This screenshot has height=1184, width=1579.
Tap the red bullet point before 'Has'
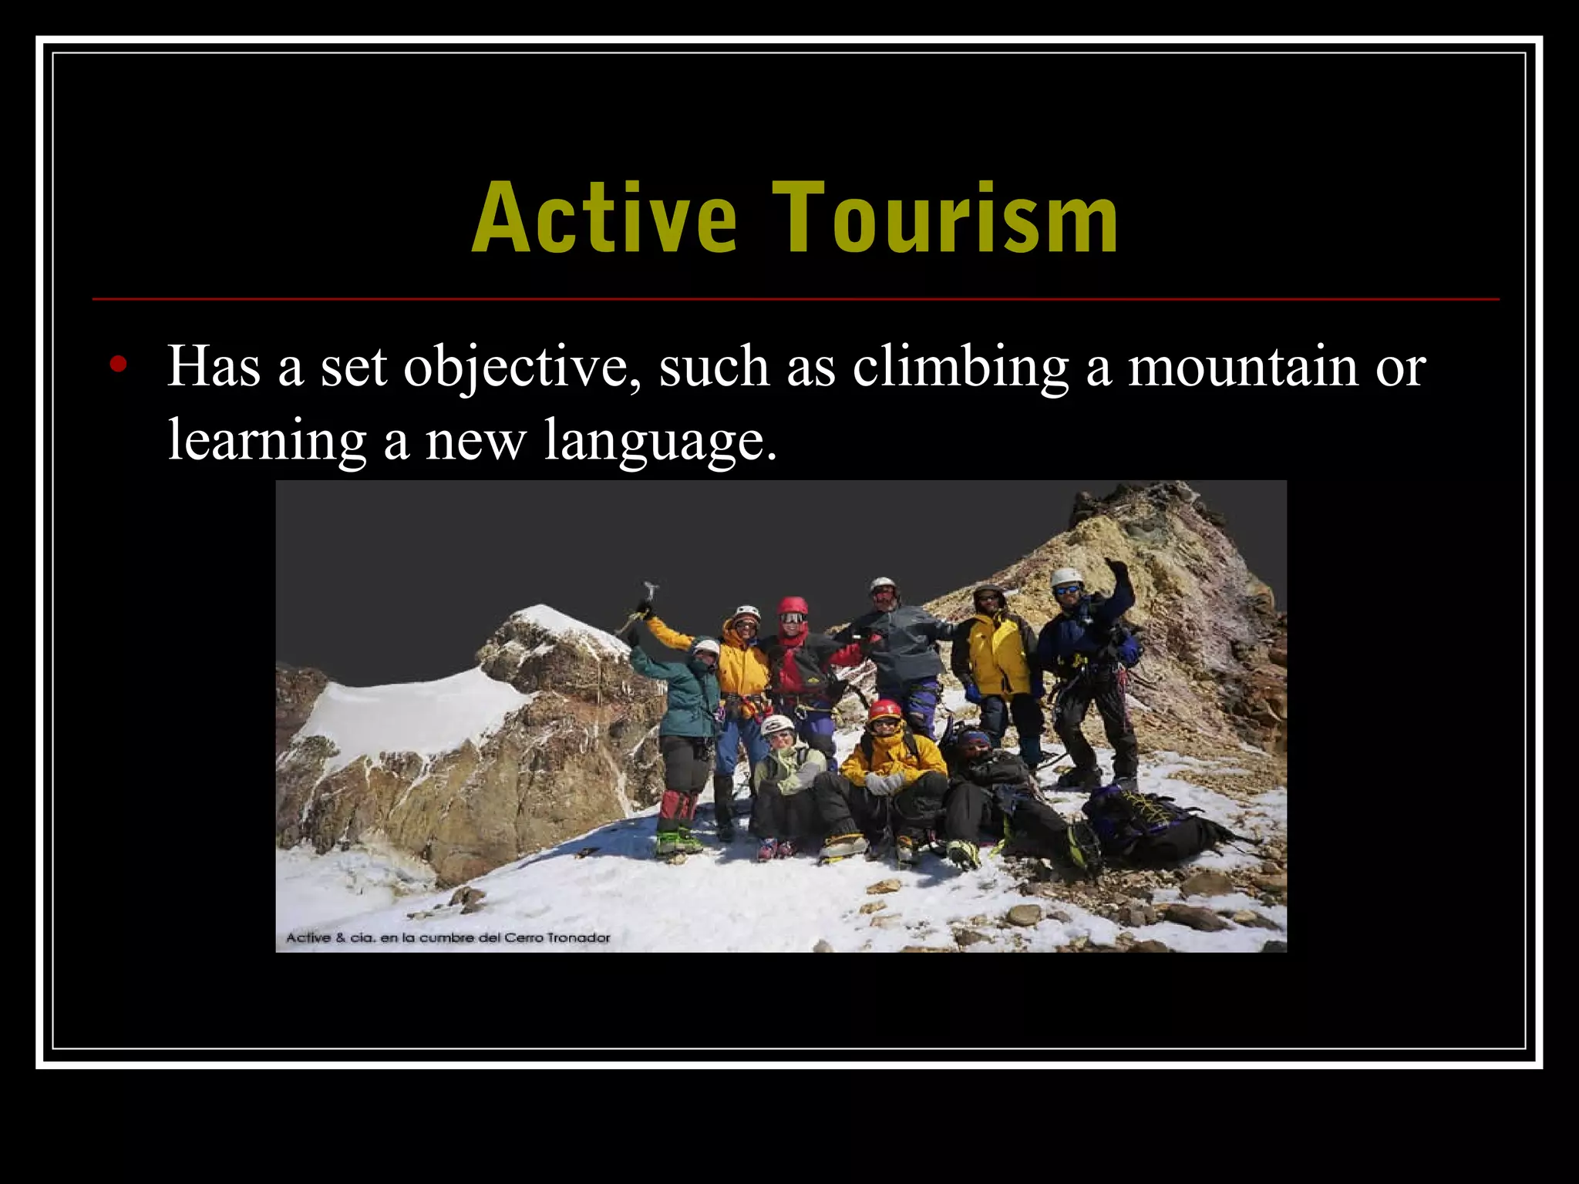[117, 365]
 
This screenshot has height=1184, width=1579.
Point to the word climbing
[960, 368]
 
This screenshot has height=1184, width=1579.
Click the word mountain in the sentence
[1243, 366]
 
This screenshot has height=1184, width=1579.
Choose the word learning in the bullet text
[267, 441]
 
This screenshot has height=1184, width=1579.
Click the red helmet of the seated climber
[884, 708]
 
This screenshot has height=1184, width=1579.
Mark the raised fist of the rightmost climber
[1114, 567]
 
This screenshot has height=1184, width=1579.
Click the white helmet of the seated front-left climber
[776, 724]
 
